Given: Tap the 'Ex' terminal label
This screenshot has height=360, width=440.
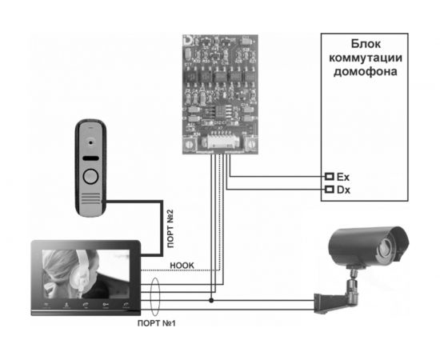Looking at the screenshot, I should point(343,175).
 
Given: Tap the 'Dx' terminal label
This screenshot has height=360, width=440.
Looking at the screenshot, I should point(343,190).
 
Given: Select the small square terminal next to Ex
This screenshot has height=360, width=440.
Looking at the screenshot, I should point(328,175).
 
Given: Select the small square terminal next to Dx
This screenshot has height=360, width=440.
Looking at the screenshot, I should point(328,190).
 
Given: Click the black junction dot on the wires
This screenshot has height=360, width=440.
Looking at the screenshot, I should point(211,301).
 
